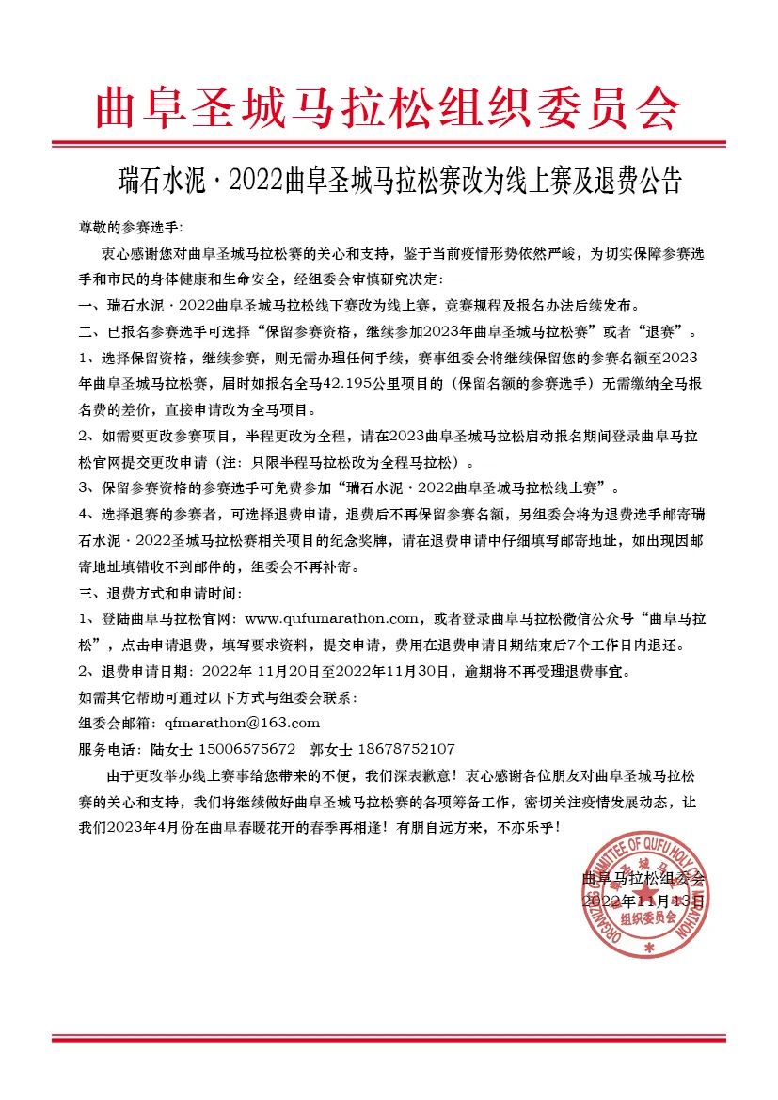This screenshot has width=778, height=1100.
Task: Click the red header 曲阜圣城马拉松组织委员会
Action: pos(388,108)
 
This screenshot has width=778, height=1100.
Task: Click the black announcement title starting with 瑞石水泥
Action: pos(389,180)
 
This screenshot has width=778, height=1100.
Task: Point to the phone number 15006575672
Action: pos(245,749)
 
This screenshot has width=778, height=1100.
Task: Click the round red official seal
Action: pos(646,895)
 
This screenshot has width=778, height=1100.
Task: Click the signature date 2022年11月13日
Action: pos(643,901)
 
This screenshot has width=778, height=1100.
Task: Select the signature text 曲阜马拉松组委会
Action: pos(643,878)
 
